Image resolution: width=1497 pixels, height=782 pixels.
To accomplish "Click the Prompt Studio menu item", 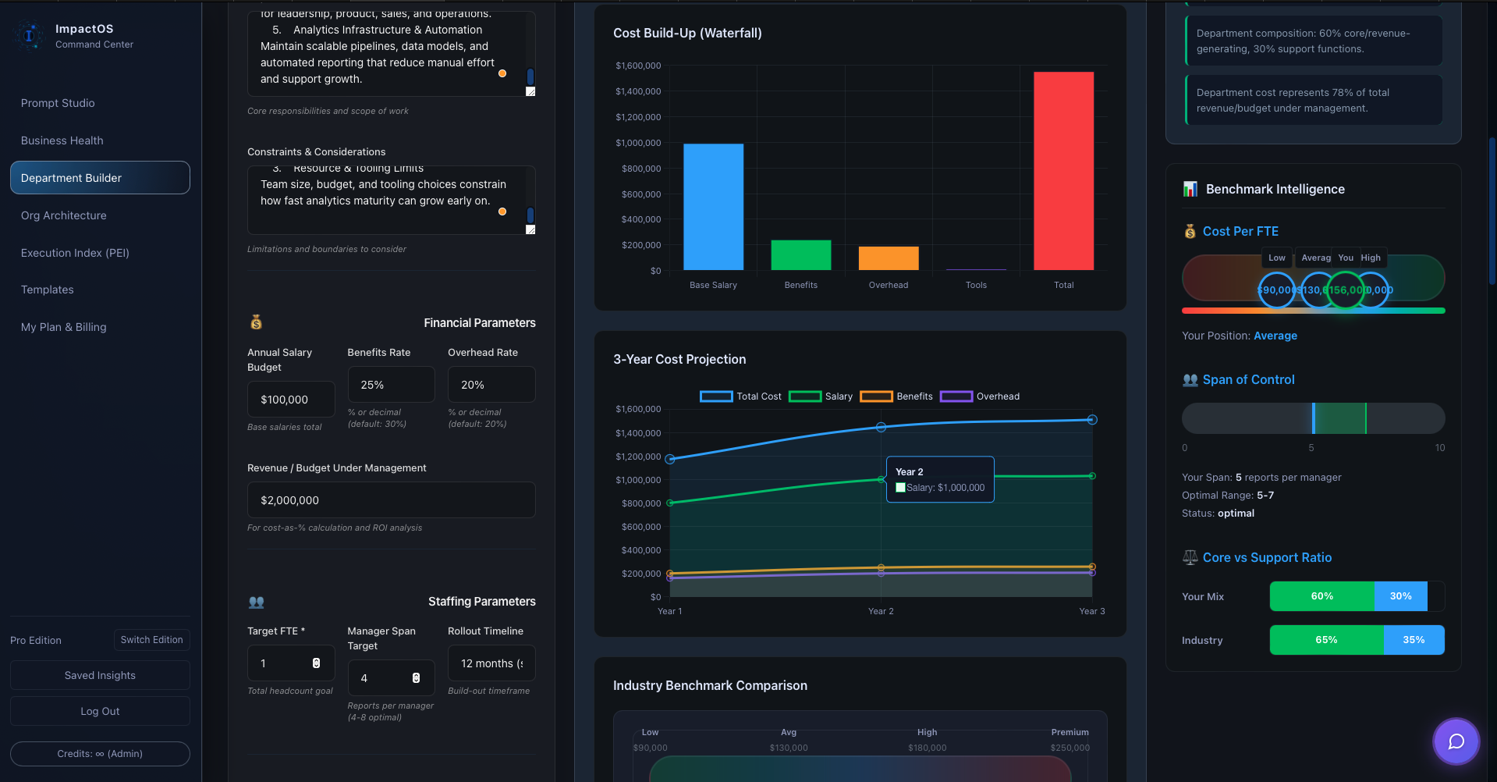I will click(x=58, y=103).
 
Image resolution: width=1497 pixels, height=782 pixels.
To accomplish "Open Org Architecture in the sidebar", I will click(x=64, y=215).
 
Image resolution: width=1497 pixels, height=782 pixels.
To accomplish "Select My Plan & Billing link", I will click(x=64, y=327).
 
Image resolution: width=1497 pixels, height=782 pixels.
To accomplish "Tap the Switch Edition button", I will click(x=151, y=640).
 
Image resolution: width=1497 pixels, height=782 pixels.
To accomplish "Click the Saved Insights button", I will click(x=100, y=676).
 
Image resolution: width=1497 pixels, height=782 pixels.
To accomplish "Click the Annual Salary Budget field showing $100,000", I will click(x=290, y=400).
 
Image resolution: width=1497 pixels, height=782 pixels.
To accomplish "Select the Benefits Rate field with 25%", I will click(x=390, y=385).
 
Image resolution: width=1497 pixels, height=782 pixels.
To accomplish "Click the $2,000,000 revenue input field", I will click(x=391, y=500).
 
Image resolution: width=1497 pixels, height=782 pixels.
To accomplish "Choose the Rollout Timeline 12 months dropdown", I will click(x=491, y=663).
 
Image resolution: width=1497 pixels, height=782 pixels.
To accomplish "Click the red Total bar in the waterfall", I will click(x=1063, y=172).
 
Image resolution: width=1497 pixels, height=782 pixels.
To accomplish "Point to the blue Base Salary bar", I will click(x=713, y=207).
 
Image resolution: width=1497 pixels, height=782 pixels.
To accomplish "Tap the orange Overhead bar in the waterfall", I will click(x=889, y=258).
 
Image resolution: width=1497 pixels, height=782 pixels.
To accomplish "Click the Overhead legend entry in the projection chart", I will click(x=981, y=396).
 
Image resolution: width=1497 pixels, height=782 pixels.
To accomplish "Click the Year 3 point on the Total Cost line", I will click(x=1092, y=420).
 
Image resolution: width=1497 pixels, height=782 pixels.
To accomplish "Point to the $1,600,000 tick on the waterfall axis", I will click(x=638, y=66).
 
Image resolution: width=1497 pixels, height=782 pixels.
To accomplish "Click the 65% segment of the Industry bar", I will click(x=1326, y=640).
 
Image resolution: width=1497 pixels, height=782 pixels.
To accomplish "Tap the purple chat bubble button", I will click(x=1456, y=741).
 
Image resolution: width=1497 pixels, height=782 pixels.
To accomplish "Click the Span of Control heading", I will click(x=1248, y=380).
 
